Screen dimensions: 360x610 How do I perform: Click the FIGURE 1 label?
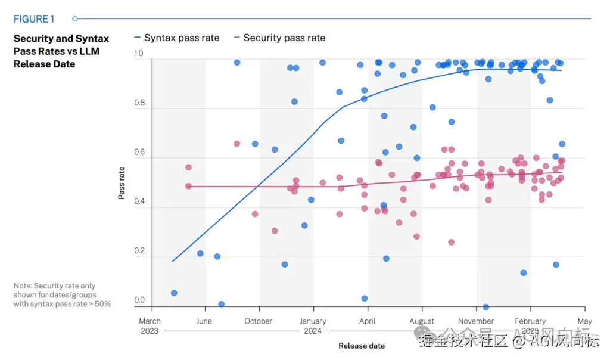[x=34, y=19]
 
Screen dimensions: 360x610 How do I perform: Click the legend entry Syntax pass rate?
[x=181, y=38]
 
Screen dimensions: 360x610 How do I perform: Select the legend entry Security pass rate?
[x=284, y=38]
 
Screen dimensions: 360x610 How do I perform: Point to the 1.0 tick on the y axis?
[x=139, y=54]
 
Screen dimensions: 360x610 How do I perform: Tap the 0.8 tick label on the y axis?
[x=139, y=103]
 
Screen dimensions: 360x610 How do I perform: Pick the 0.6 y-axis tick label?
[x=139, y=153]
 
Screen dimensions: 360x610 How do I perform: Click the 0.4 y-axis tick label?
[x=139, y=202]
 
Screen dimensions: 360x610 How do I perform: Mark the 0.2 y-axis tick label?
[x=139, y=251]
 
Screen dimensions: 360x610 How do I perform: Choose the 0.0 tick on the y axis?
[x=139, y=300]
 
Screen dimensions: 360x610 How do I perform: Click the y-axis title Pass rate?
[x=122, y=182]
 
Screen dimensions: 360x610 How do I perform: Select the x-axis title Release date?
[x=362, y=346]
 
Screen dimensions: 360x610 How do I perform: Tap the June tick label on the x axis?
[x=204, y=321]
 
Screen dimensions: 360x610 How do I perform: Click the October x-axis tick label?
[x=259, y=321]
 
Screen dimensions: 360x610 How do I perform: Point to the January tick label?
[x=313, y=321]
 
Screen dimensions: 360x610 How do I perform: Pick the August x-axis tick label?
[x=422, y=321]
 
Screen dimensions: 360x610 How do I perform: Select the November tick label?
[x=476, y=321]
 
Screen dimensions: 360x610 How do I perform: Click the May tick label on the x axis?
[x=584, y=321]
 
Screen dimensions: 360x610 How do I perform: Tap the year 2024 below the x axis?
[x=313, y=331]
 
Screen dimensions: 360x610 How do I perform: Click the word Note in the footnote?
[x=23, y=286]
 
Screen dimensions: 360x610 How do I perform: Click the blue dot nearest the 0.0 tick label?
[x=174, y=293]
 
